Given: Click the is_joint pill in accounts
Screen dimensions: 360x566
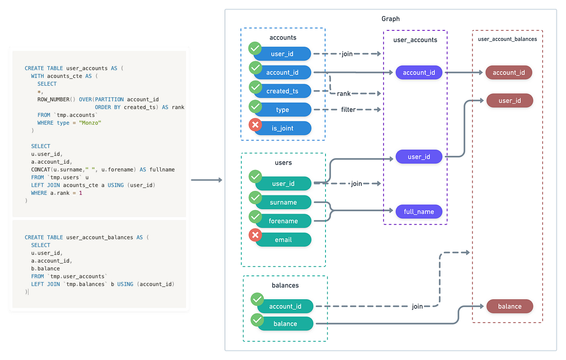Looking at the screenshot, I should tap(282, 128).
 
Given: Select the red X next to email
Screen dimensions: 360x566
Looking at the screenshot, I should tap(255, 235).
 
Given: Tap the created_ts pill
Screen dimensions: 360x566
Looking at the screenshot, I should tap(282, 91).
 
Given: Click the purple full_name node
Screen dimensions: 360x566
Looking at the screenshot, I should tap(418, 212).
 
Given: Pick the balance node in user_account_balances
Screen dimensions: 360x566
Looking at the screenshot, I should tap(509, 306).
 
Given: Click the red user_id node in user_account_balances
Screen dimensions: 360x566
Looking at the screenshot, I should tap(509, 100).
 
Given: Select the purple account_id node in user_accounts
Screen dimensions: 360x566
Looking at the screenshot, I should tap(418, 72).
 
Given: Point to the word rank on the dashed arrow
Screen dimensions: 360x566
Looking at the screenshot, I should tap(344, 94).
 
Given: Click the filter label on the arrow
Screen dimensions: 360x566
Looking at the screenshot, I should tap(348, 110).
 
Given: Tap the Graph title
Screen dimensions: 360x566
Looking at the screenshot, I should tap(390, 19).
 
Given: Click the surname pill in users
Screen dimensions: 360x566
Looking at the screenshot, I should tap(283, 202).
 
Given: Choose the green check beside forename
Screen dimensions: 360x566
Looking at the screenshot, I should tap(255, 217).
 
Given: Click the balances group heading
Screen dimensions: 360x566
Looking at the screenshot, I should tap(285, 285).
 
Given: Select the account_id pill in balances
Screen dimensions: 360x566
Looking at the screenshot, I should tap(285, 306).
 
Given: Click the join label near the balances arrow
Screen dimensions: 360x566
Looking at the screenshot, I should tap(417, 306).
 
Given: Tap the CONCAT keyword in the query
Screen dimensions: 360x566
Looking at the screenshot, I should tap(40, 170).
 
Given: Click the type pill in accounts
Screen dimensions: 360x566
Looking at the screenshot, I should tap(282, 110).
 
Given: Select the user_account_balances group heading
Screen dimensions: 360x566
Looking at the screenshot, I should tap(507, 39).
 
